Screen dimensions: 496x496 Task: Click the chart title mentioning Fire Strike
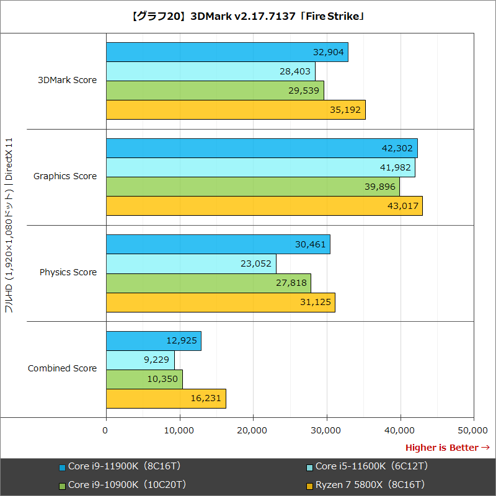pos(248,16)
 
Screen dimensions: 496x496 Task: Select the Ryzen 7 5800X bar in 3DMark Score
pos(236,110)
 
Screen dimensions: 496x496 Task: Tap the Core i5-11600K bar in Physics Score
pos(191,263)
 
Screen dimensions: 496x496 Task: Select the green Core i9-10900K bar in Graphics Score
pos(252,187)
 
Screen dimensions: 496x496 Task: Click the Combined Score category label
pos(62,368)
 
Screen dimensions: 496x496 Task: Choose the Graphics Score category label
pos(65,176)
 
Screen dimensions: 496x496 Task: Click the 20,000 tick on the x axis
pos(253,430)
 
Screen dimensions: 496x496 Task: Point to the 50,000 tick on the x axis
pos(474,430)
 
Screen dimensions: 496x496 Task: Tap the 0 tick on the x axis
pos(106,430)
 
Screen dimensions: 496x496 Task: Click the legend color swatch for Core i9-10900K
pos(62,485)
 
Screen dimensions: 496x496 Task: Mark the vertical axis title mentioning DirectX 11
pos(9,226)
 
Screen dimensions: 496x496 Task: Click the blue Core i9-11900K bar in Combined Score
pos(153,340)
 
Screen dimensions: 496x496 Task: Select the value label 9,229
pos(155,360)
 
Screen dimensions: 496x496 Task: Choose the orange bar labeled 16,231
pos(166,398)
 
